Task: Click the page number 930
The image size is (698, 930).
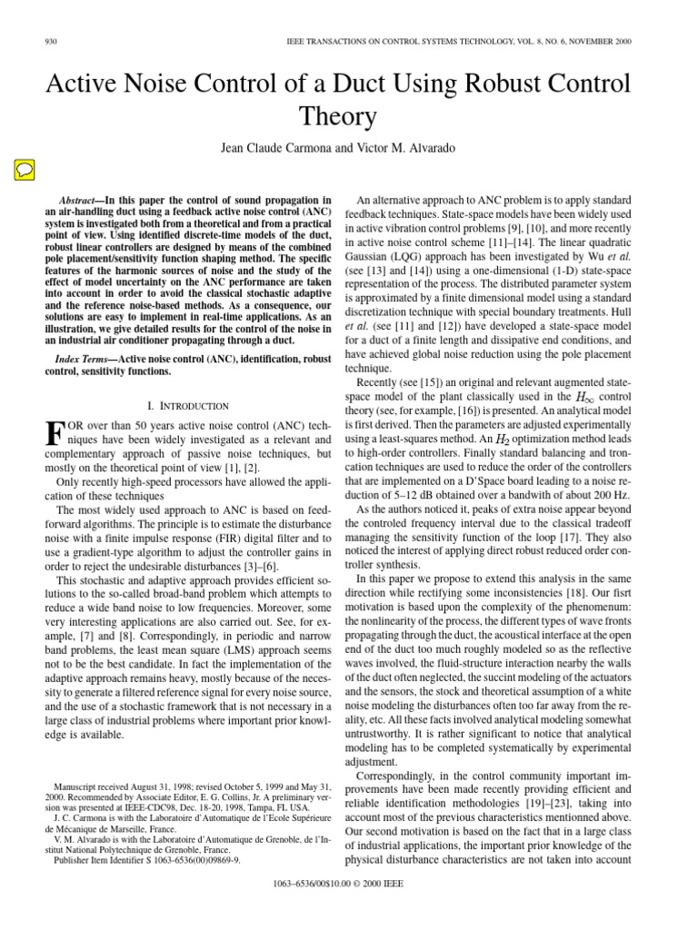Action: [x=51, y=43]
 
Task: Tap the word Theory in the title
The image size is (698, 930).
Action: [x=349, y=116]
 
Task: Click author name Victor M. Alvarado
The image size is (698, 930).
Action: [x=411, y=150]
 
